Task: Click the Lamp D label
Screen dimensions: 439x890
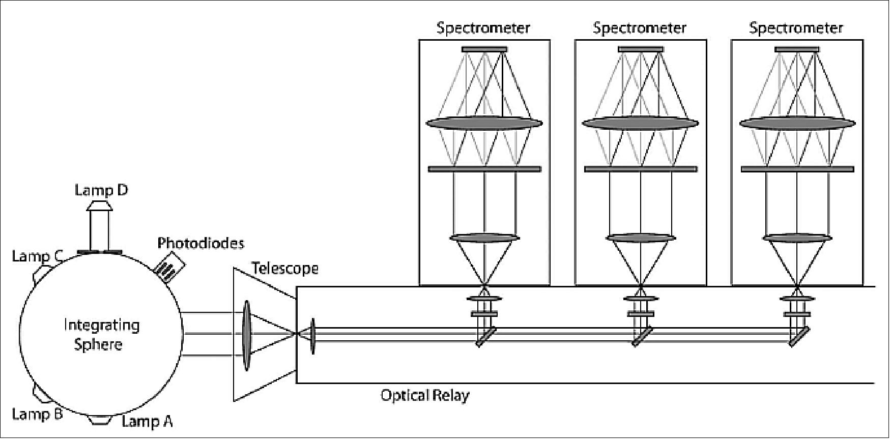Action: [x=101, y=190]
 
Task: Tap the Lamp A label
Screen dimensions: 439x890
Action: [x=147, y=422]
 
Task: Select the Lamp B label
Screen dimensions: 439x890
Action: [x=37, y=415]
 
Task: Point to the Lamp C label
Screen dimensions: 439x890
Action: [x=37, y=256]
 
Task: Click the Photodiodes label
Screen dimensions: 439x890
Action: [x=200, y=243]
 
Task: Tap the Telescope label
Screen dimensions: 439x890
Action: [x=285, y=268]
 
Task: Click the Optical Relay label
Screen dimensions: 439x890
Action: [x=425, y=395]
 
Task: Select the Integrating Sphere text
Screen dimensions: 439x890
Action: [x=101, y=335]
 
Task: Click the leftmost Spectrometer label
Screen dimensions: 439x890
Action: [x=483, y=28]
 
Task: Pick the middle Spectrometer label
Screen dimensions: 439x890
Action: [x=640, y=28]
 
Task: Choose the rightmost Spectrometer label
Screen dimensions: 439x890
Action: [x=796, y=28]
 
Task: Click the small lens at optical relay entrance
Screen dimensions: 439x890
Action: [x=312, y=336]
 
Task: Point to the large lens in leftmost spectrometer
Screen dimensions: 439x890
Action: [x=484, y=123]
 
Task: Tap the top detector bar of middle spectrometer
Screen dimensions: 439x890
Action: [x=641, y=49]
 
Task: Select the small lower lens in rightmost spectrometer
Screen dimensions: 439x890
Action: [x=797, y=238]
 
